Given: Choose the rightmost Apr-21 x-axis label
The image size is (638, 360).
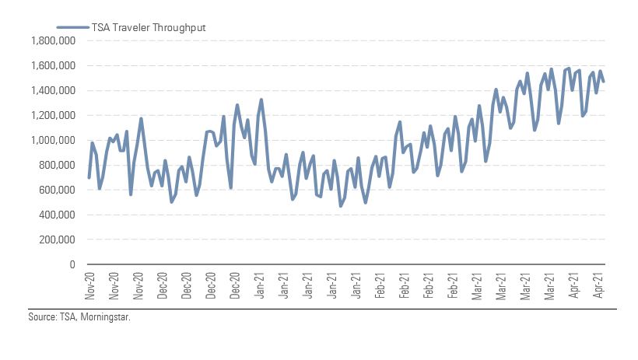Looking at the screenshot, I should click(x=600, y=285).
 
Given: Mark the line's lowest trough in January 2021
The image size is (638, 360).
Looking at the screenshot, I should click(x=341, y=206).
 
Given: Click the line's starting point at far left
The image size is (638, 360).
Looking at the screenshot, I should click(x=89, y=177).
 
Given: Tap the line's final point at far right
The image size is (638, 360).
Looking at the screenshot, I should click(x=604, y=81).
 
